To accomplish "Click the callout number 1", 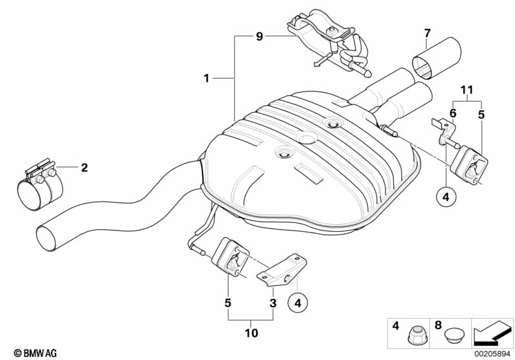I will point(206,79).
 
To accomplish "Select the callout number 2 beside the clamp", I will point(84,168).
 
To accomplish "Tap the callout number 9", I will point(259,37).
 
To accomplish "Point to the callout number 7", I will point(427,33).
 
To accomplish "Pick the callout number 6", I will point(452,113).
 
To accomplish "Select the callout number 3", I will point(273,302).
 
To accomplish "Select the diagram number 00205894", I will point(492,353).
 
